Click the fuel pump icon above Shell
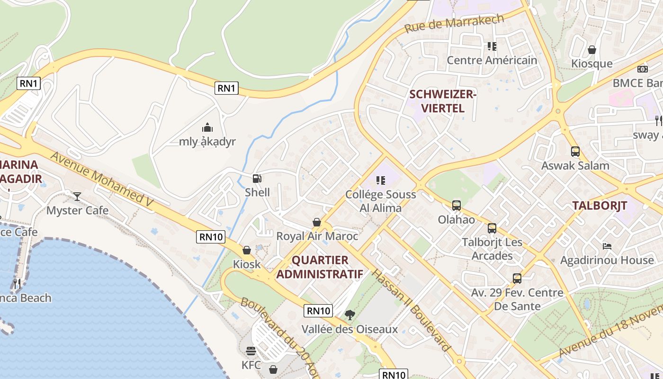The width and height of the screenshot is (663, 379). tap(257, 179)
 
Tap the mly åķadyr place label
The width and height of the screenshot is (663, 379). tap(207, 142)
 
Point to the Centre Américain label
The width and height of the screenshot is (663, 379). tap(492, 60)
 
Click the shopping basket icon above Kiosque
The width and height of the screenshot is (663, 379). tap(592, 50)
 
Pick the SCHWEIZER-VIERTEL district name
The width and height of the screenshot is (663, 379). tap(443, 101)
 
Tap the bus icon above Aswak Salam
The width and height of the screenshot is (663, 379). tap(575, 152)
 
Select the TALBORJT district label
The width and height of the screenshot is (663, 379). tap(600, 206)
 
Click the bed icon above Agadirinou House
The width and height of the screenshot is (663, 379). tap(607, 246)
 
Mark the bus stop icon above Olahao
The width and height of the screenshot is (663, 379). tap(457, 206)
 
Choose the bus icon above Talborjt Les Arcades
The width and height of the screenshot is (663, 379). tap(492, 228)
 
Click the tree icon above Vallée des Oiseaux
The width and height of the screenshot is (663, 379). tap(350, 315)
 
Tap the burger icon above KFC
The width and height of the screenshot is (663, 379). tap(251, 351)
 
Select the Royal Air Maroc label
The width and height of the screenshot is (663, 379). tap(317, 236)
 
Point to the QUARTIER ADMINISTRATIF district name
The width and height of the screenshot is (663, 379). tap(320, 267)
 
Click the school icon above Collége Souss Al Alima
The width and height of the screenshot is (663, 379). tap(380, 180)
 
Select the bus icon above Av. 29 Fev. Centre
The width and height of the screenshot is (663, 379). tap(517, 279)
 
